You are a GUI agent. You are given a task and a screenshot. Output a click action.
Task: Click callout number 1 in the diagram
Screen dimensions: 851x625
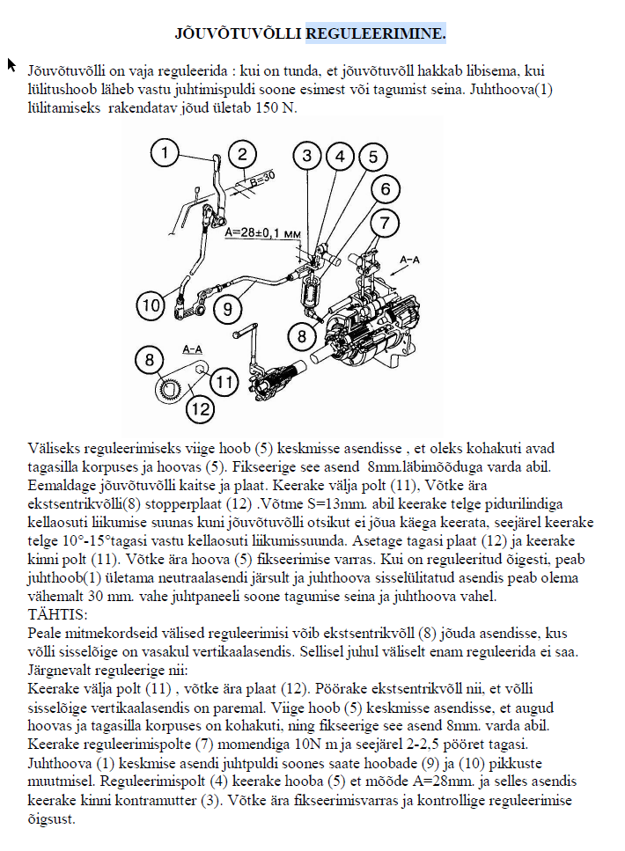point(164,154)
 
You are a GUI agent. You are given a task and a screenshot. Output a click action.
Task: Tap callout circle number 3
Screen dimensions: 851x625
point(307,157)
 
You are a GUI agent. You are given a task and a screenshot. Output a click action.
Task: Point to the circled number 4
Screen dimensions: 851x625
point(339,157)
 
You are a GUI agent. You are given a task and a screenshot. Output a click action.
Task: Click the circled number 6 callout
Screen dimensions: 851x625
point(385,189)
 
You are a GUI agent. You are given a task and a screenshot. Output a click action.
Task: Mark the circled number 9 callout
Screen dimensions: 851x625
point(227,309)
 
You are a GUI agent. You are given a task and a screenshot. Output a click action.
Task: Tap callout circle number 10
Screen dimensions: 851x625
point(151,306)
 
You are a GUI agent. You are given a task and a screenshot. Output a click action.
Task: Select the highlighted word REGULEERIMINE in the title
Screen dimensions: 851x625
point(376,34)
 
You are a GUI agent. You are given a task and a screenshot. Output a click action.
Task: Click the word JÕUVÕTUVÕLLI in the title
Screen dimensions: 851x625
point(239,34)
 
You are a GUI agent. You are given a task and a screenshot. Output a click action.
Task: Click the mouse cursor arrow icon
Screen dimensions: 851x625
point(11,64)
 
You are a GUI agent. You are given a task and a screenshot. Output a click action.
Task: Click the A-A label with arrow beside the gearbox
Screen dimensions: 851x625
point(410,261)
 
